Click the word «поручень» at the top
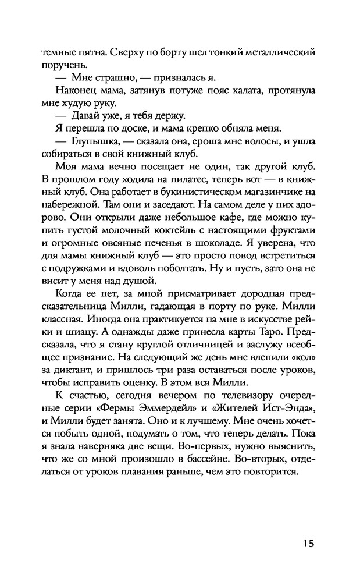coord(62,65)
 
